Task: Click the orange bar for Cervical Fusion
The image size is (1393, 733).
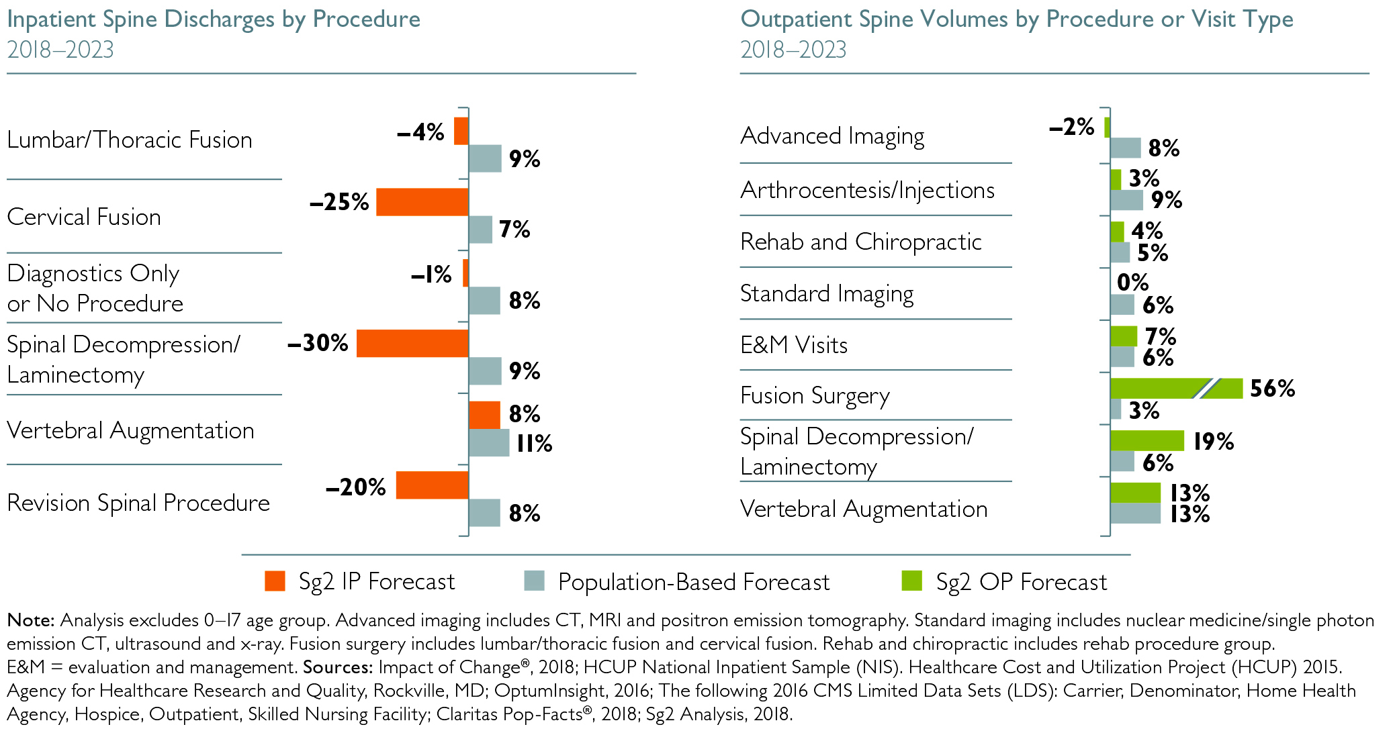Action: (422, 202)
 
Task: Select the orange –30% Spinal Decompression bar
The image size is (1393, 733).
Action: (412, 343)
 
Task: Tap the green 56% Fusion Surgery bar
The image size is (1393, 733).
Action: (1175, 389)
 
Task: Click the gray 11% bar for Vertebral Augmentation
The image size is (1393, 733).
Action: (489, 443)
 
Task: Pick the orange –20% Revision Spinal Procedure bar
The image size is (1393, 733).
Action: (432, 485)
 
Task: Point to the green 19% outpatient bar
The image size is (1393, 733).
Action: (1147, 441)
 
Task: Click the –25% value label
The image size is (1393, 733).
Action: (339, 202)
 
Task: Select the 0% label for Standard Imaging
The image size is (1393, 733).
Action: (1132, 283)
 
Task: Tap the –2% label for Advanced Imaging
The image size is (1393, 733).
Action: (1071, 127)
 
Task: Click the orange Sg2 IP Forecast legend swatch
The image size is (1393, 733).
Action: (275, 581)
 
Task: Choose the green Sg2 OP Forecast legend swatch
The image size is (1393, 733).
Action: (912, 581)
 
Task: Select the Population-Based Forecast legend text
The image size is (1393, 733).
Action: (693, 582)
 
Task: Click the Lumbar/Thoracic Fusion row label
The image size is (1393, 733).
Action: (130, 140)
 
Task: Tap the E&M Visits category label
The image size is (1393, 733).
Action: (793, 345)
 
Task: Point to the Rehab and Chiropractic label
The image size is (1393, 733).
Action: (860, 242)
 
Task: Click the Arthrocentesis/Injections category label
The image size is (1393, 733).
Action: (866, 190)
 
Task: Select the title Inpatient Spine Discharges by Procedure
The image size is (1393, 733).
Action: (214, 19)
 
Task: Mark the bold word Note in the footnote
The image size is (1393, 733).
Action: (31, 620)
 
